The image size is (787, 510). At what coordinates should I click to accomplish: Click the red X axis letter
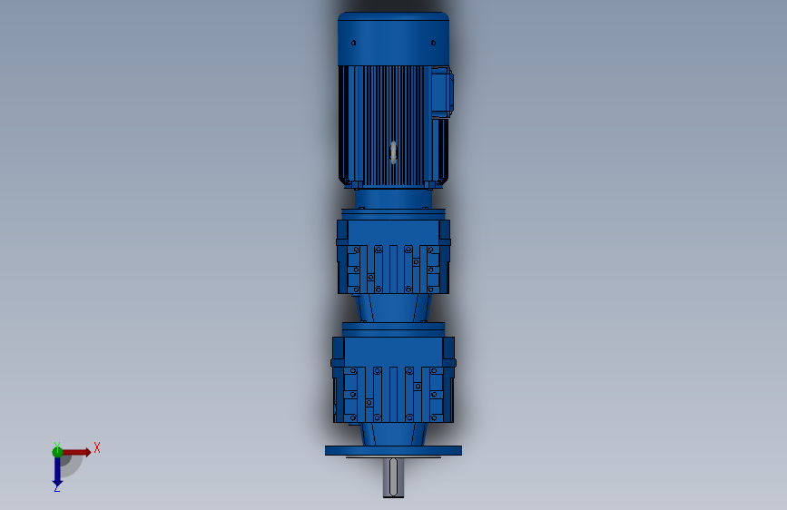(97, 447)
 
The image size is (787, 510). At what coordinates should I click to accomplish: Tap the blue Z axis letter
(57, 488)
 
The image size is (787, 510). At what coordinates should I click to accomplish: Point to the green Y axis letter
(57, 446)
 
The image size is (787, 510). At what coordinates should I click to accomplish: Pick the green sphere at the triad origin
(57, 452)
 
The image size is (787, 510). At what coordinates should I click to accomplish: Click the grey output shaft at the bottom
(394, 477)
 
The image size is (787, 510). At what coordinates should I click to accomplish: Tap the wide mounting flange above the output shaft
(394, 450)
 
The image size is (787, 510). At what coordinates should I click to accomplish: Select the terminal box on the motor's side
(442, 93)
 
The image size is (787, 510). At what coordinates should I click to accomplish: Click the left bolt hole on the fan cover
(354, 44)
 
